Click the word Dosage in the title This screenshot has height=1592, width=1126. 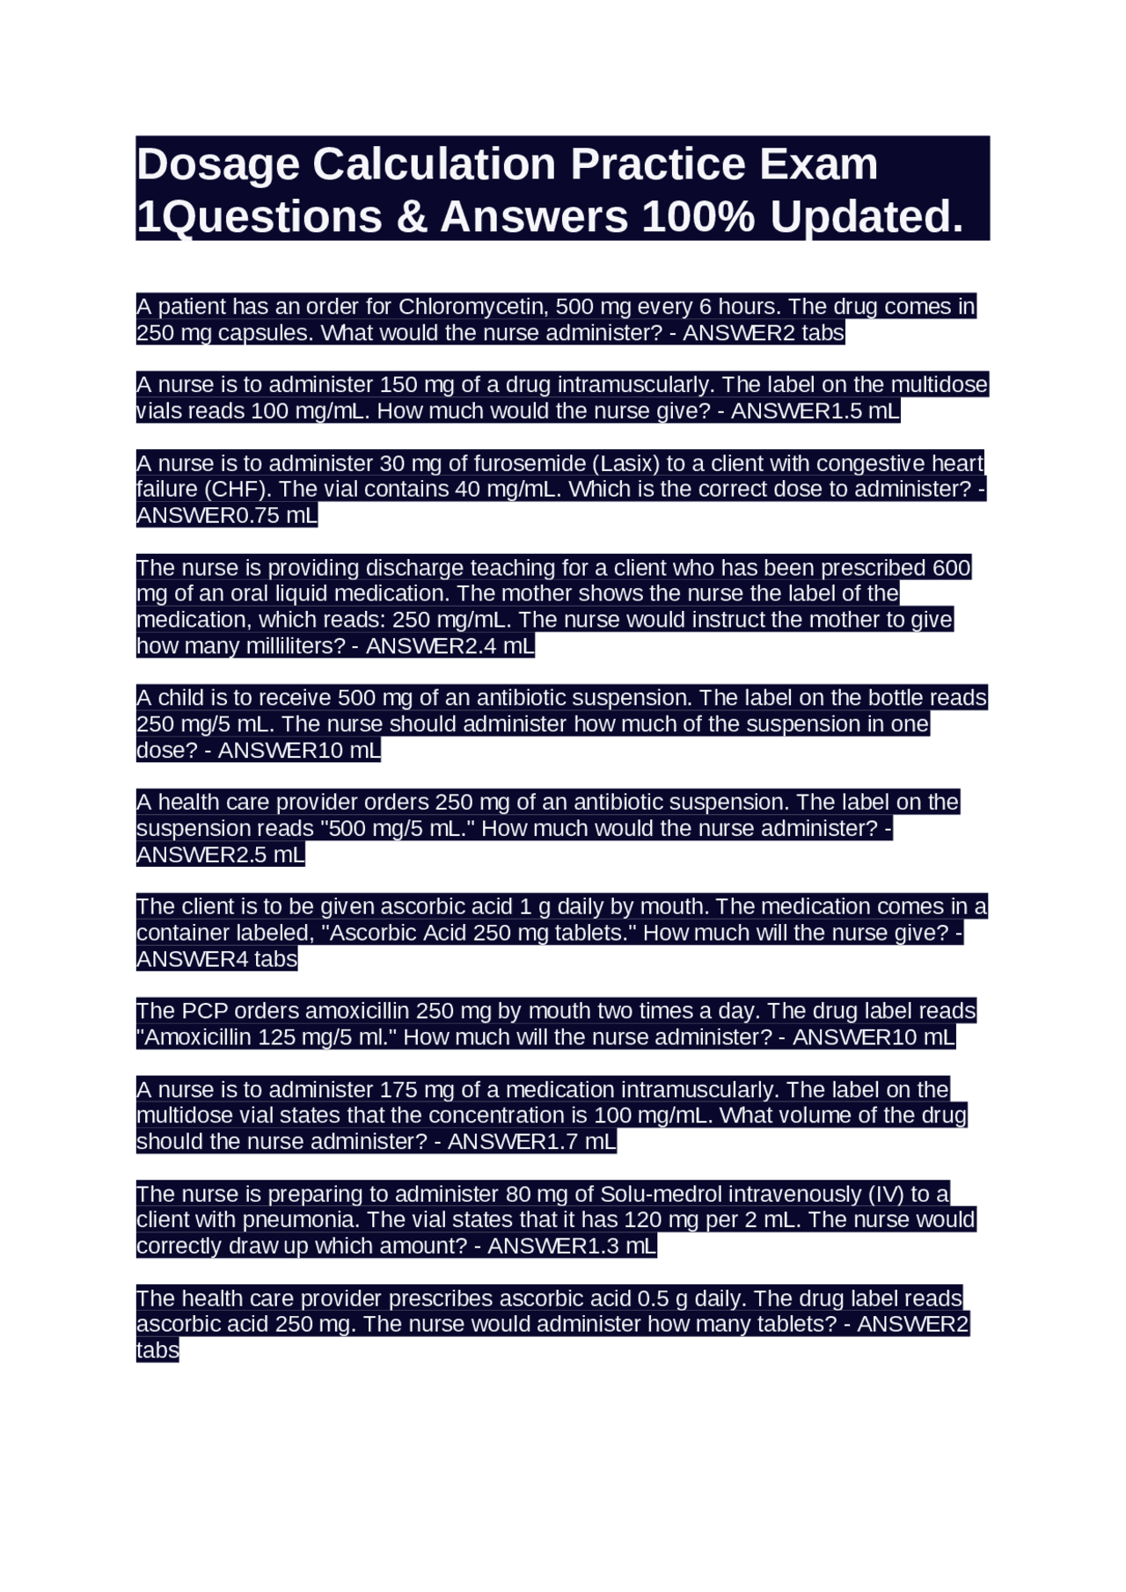[217, 164]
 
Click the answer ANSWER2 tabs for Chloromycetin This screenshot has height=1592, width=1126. [763, 333]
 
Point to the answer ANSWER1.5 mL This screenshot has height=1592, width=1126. [815, 411]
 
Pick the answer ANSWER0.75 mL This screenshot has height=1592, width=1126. [226, 515]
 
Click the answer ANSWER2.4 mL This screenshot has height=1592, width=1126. [450, 646]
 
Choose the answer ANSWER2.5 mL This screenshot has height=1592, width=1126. [220, 854]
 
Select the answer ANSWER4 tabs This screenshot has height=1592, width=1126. [216, 959]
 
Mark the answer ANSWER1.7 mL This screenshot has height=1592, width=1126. [531, 1142]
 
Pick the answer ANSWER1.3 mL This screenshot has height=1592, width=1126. [572, 1247]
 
